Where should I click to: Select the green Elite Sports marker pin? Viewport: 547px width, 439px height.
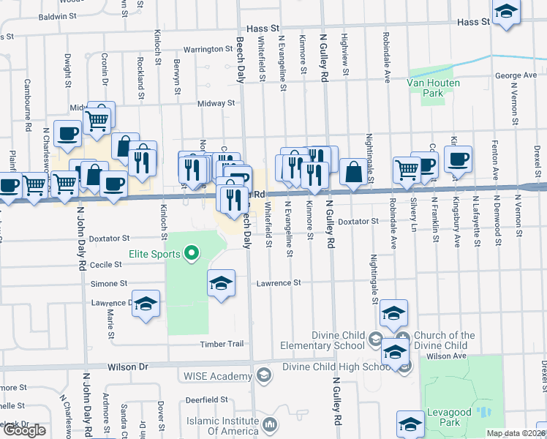192,254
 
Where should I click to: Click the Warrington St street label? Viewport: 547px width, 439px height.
208,49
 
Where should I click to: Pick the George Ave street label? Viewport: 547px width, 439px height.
516,75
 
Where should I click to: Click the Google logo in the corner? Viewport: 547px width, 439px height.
24,430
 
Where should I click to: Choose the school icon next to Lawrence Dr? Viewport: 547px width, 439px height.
146,305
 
